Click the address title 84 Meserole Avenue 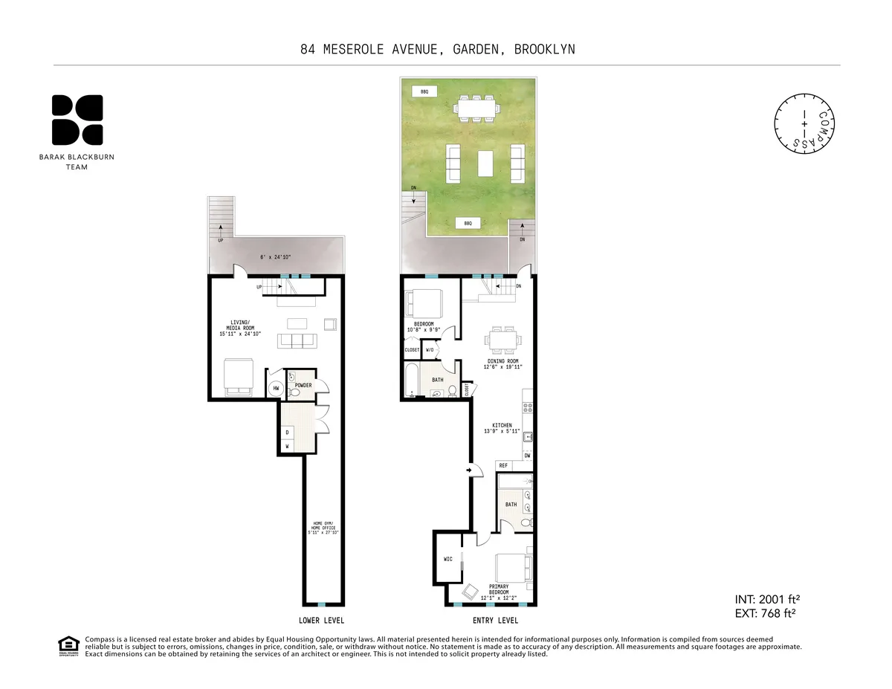click(x=438, y=50)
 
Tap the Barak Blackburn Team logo click(x=77, y=120)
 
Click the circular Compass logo click(x=806, y=125)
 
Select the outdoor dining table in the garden click(x=476, y=109)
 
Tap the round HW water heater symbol click(x=276, y=388)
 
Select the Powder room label click(x=303, y=385)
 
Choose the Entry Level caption click(x=495, y=621)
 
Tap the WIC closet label click(x=448, y=560)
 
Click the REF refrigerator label click(x=503, y=465)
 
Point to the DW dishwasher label click(x=527, y=455)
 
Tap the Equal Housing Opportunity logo click(x=68, y=647)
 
